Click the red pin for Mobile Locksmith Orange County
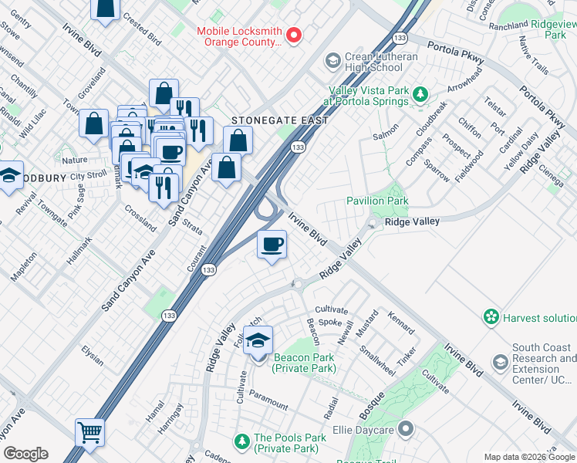tap(294, 35)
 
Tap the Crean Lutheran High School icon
tap(332, 60)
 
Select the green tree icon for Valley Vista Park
tap(420, 95)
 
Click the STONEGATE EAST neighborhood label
tap(280, 121)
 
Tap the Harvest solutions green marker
tap(490, 317)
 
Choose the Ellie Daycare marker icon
tap(407, 429)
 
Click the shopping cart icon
tap(89, 433)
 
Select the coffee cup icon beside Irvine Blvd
tap(271, 245)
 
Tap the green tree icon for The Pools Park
tap(242, 441)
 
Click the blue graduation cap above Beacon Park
tap(258, 339)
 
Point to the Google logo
tap(25, 454)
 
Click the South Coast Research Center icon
tap(501, 363)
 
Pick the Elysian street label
tap(93, 355)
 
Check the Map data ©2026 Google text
tap(530, 457)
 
